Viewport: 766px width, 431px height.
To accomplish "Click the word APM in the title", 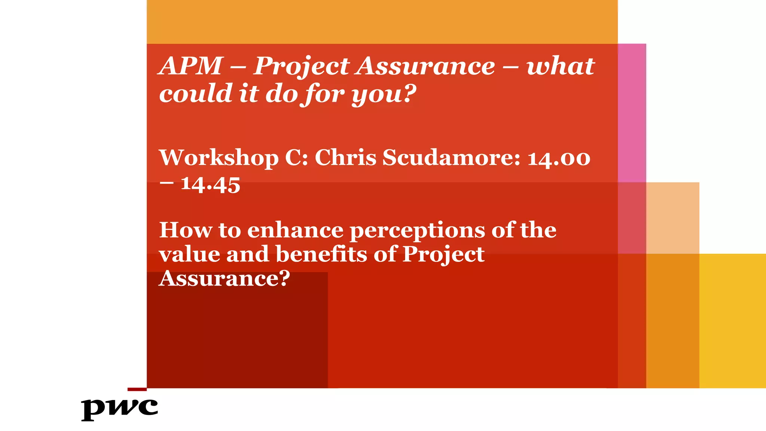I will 191,66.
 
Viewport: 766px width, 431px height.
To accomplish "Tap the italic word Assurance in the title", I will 426,66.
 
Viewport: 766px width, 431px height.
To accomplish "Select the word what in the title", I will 560,66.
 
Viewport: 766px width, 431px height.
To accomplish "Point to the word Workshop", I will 219,158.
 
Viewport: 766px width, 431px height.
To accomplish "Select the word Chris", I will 345,158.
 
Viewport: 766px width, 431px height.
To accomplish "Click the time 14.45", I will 210,185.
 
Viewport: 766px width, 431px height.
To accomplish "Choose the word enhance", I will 295,230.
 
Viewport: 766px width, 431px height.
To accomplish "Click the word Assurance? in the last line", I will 224,278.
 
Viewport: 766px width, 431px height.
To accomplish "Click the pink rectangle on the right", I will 632,112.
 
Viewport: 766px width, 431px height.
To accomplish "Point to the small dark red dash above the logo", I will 137,389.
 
